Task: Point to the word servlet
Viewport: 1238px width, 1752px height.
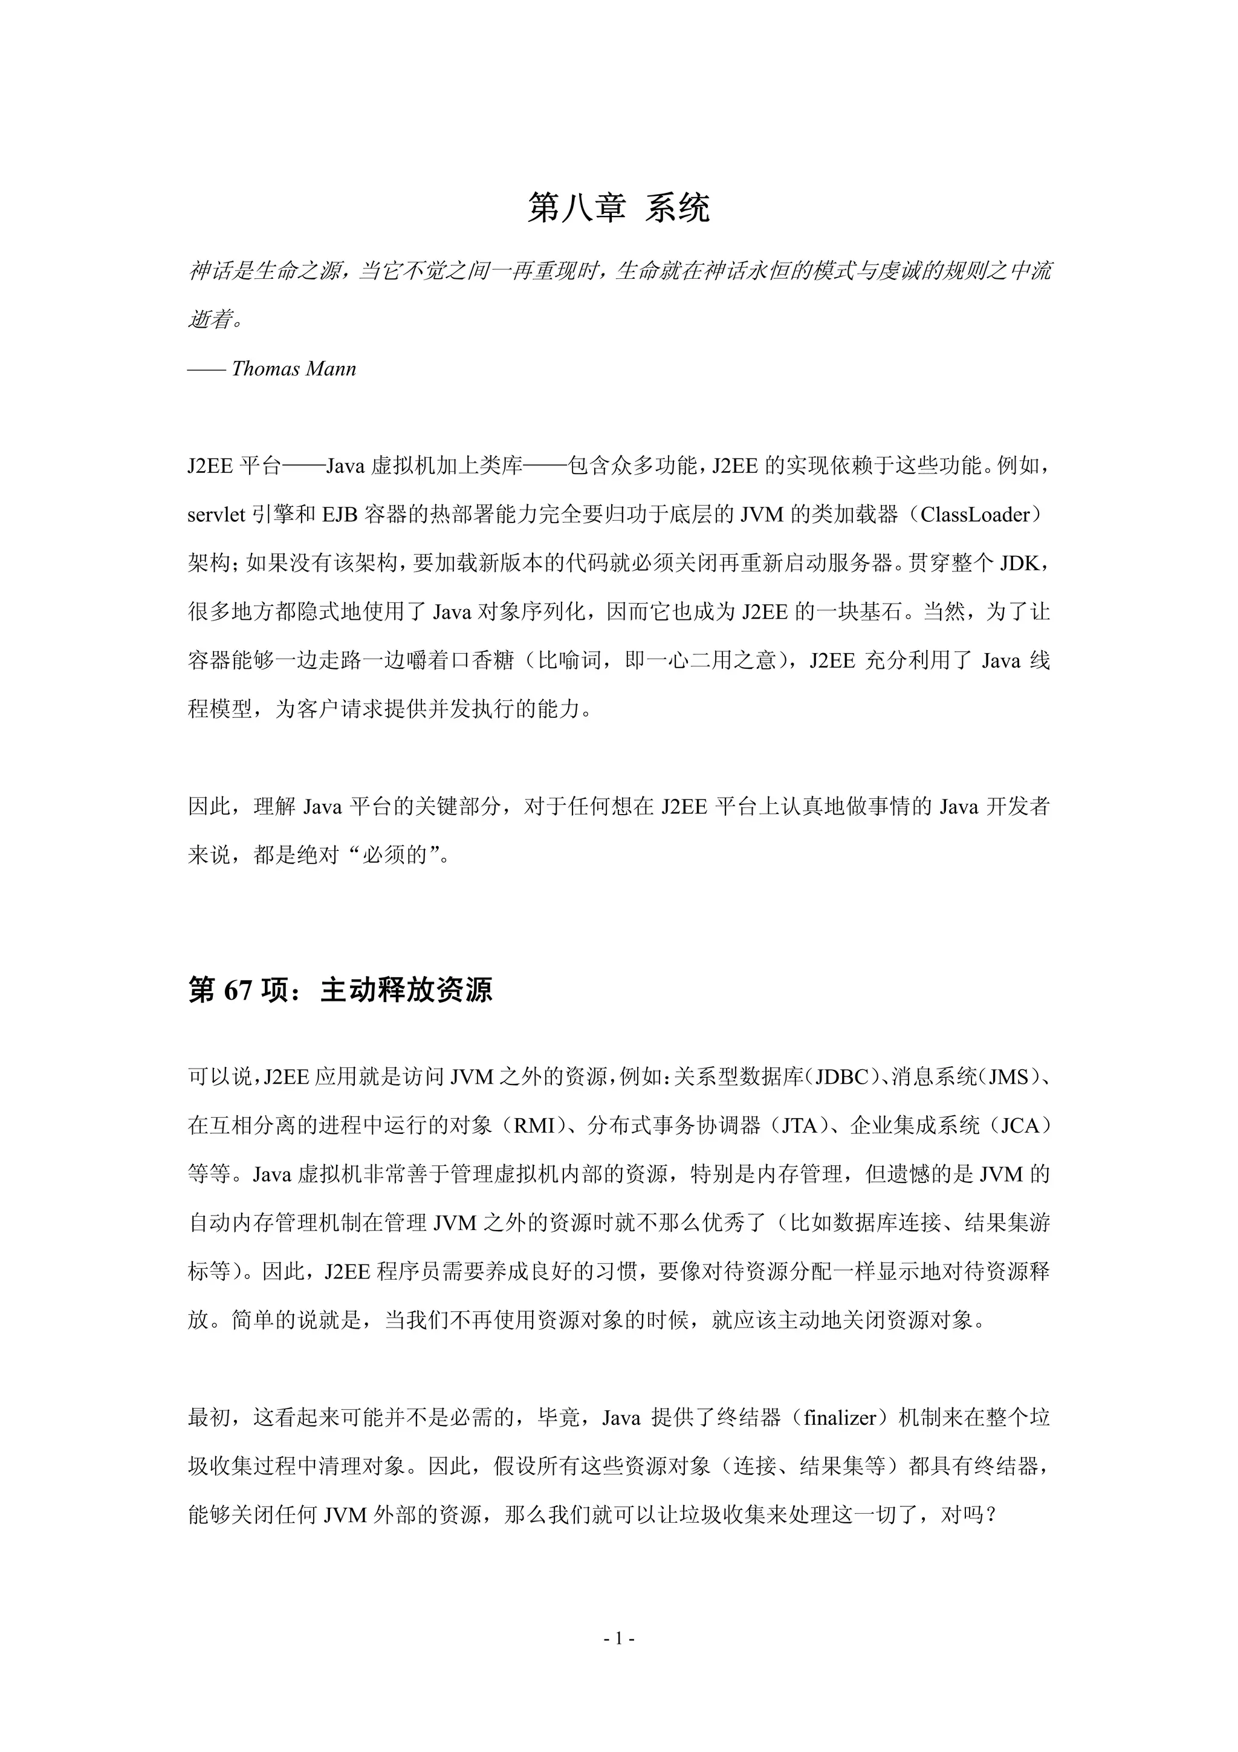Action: tap(216, 515)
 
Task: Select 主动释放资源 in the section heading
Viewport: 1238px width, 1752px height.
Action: tap(407, 991)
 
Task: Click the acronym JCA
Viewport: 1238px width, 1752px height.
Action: tap(1020, 1126)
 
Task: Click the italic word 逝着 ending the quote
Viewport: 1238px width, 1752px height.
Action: tap(210, 320)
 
